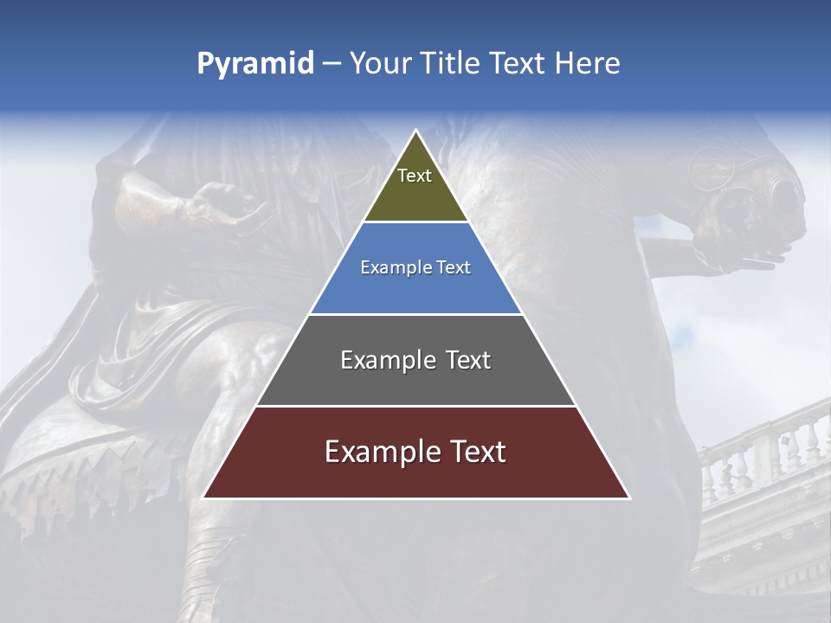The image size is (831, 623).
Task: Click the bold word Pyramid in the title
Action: click(255, 64)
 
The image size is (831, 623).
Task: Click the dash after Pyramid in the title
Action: click(332, 64)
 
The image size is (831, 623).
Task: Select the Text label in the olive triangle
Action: click(415, 176)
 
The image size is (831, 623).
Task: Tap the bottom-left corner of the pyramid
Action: click(205, 497)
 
